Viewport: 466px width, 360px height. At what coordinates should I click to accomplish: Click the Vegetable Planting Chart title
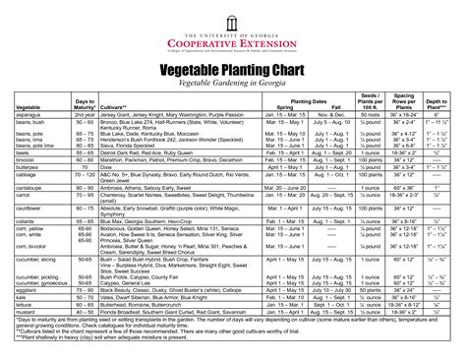233,71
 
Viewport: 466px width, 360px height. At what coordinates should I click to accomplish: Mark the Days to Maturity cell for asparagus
85,114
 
